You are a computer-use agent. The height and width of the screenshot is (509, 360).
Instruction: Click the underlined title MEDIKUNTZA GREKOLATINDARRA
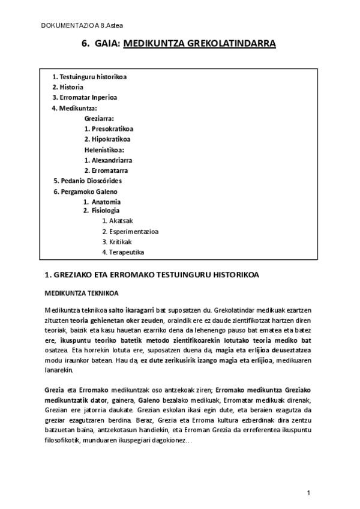[x=199, y=44]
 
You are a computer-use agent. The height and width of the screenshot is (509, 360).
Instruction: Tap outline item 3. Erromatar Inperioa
[x=85, y=97]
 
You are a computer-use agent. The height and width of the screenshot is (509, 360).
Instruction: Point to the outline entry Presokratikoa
[x=112, y=129]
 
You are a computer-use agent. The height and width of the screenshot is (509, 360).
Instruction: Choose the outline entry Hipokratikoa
[x=112, y=139]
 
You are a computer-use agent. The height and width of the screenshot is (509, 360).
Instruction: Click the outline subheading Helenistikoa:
[x=104, y=149]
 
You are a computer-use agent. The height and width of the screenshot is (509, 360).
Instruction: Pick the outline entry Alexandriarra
[x=112, y=160]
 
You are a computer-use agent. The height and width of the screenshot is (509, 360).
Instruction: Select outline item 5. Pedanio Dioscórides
[x=88, y=180]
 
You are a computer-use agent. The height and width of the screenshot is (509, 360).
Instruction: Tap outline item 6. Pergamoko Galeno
[x=85, y=191]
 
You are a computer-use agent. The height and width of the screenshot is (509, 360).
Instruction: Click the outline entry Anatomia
[x=106, y=202]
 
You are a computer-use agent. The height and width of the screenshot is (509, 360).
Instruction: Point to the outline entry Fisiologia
[x=105, y=211]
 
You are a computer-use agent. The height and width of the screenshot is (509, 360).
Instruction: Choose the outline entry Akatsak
[x=117, y=221]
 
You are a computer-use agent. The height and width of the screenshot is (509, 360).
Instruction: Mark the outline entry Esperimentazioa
[x=130, y=231]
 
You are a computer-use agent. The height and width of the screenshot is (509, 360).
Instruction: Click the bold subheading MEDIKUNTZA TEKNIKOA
[x=82, y=294]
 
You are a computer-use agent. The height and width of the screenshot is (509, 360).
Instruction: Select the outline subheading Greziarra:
[x=99, y=119]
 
